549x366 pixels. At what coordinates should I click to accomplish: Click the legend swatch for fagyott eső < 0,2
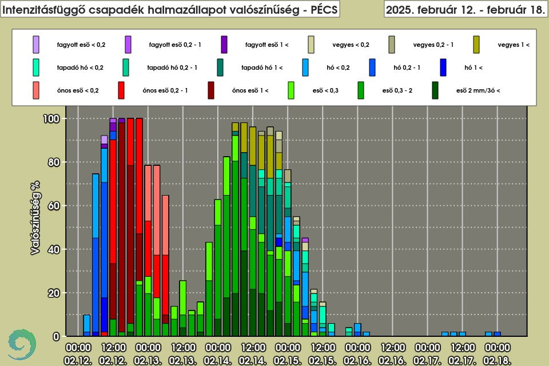(37, 44)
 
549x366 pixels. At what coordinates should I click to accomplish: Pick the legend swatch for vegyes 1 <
(476, 44)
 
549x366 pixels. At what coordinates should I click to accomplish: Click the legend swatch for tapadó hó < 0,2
(37, 67)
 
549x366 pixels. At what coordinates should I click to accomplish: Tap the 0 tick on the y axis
(57, 336)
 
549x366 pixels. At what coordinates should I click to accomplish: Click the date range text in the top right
(465, 10)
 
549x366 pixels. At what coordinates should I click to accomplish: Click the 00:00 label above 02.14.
(217, 347)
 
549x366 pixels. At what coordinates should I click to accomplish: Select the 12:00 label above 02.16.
(392, 347)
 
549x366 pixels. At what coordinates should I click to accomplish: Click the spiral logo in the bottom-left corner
(20, 344)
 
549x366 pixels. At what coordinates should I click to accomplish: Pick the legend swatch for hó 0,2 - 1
(373, 67)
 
